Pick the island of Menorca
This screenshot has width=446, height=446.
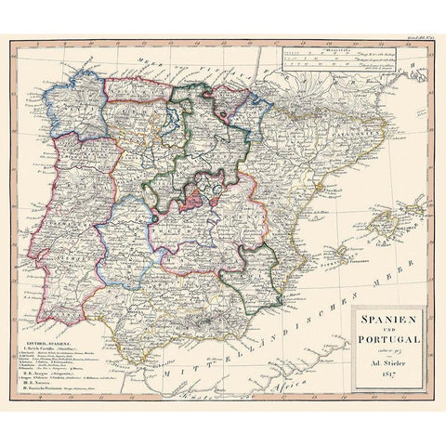click(x=415, y=204)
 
